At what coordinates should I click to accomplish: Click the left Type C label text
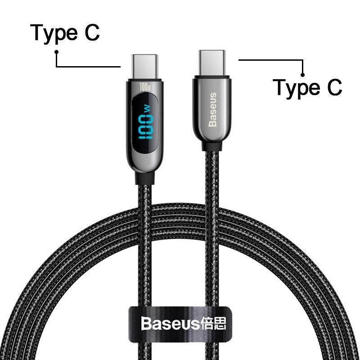[x=65, y=34]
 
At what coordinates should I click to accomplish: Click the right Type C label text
[x=308, y=87]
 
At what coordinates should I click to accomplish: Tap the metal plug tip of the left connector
[x=144, y=66]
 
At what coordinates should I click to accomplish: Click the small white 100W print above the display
[x=145, y=85]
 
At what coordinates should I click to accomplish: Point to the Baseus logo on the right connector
[x=213, y=109]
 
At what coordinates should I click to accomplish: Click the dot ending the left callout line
[x=57, y=52]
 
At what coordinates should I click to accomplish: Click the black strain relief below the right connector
[x=212, y=146]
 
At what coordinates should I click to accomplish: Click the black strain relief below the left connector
[x=144, y=178]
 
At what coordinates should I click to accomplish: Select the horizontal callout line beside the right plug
[x=270, y=59]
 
